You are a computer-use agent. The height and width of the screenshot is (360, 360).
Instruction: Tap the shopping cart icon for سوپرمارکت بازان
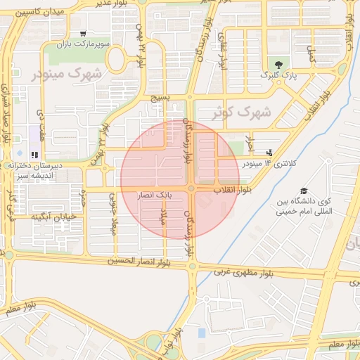pos(84,33)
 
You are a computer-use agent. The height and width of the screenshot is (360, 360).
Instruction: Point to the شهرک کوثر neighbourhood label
pos(241,112)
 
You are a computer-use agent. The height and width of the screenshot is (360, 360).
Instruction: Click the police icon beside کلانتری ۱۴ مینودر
pos(269,153)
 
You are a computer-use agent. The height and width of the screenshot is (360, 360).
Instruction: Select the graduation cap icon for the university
pos(304,191)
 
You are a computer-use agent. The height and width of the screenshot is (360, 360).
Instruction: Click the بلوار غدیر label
pos(112,5)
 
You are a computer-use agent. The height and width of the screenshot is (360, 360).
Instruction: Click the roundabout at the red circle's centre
pos(191,188)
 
